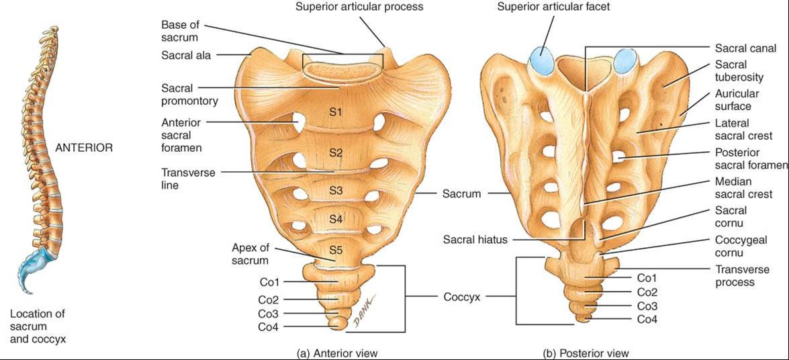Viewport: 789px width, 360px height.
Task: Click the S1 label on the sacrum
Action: tap(336, 112)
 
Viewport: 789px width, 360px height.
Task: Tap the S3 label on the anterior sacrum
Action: tap(336, 191)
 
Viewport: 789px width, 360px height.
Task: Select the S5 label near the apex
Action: tap(336, 251)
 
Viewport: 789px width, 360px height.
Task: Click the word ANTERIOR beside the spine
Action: tap(83, 148)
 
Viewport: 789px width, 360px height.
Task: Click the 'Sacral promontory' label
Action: tap(189, 95)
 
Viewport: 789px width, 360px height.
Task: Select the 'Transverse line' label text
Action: tap(188, 179)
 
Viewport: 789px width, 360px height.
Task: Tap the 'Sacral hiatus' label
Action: tap(475, 239)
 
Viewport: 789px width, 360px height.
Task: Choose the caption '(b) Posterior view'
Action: tap(586, 352)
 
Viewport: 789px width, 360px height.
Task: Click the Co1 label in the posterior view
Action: tap(647, 277)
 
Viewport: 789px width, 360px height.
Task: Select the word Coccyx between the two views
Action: tap(461, 296)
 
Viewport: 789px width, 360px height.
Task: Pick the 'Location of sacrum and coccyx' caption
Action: tap(38, 326)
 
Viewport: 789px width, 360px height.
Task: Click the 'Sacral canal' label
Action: tap(745, 48)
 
